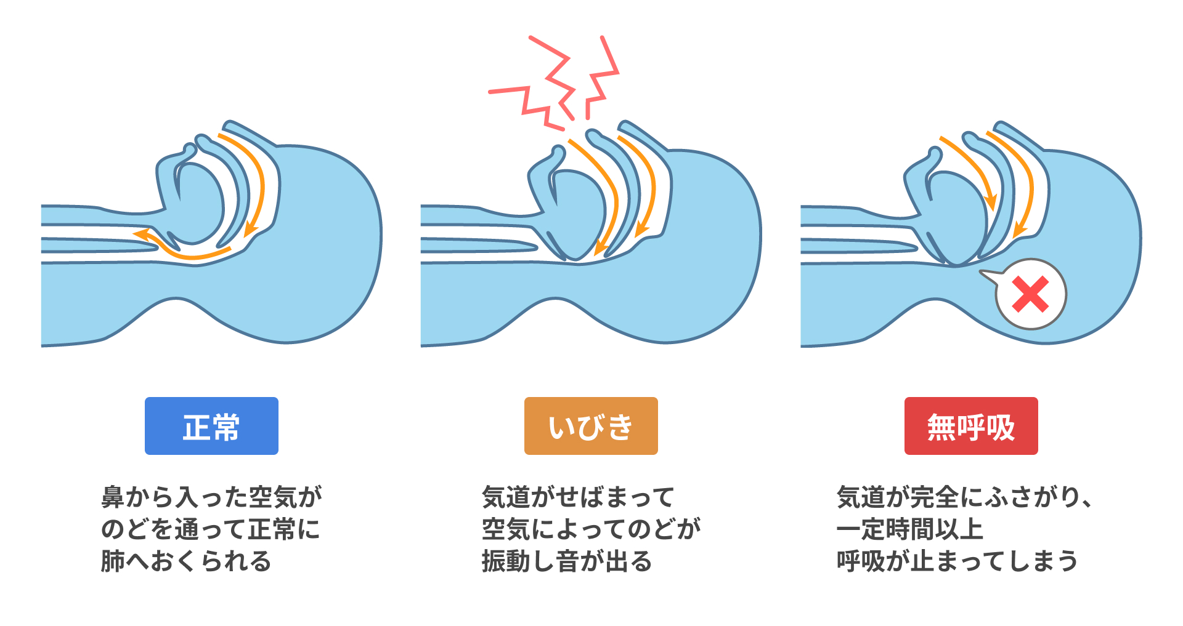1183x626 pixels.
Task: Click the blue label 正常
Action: (x=211, y=426)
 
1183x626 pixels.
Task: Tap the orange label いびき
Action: (x=591, y=426)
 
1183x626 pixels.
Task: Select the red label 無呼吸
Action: (x=971, y=426)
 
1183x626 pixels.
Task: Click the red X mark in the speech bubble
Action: (x=1030, y=294)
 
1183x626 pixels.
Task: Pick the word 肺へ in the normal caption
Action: (x=125, y=561)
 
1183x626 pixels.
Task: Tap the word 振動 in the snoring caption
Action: (x=506, y=561)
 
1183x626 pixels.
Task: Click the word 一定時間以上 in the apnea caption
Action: (x=909, y=529)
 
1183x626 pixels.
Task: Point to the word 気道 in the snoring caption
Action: (x=506, y=497)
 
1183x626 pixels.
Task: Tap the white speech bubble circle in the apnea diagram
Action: (x=1030, y=294)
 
